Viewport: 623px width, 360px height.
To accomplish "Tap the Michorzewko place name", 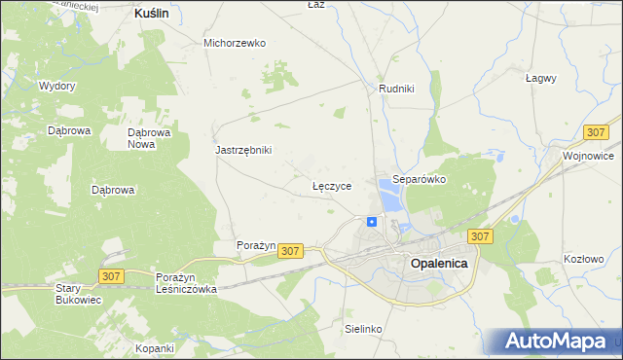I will pos(235,43).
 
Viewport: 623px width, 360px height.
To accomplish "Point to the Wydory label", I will pos(56,86).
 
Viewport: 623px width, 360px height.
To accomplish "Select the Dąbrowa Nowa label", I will pos(149,138).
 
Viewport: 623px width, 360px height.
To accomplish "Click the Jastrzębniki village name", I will pos(243,150).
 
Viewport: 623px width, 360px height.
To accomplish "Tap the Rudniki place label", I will pos(396,89).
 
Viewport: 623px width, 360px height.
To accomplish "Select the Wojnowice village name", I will pos(588,155).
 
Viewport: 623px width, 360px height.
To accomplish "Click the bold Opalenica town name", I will pos(439,263).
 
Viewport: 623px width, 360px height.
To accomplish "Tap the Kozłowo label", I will pos(584,259).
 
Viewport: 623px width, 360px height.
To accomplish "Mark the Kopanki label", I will pos(155,347).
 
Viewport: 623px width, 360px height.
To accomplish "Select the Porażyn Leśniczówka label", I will pos(186,283).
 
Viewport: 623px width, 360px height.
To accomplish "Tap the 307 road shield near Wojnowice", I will pos(597,131).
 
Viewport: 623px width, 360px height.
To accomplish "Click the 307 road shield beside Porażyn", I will pos(290,251).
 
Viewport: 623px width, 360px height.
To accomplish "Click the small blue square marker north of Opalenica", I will pos(372,222).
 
